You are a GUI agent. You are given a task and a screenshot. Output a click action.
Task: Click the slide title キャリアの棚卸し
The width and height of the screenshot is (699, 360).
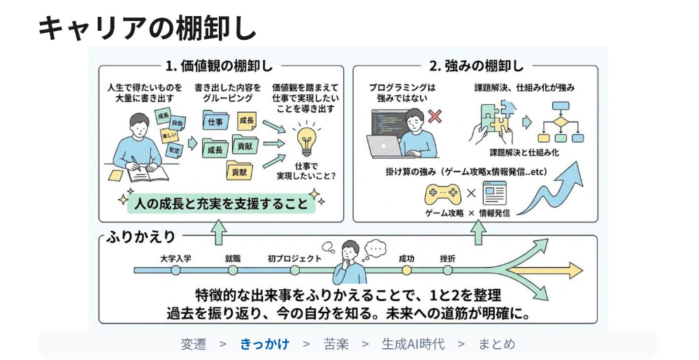[147, 28]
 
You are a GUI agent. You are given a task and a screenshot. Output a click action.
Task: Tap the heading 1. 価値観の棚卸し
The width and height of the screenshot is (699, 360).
[219, 66]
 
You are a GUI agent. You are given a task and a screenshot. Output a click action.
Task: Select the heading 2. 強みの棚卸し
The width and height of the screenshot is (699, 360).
[476, 66]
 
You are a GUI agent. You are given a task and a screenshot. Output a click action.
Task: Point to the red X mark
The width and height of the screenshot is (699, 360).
[435, 116]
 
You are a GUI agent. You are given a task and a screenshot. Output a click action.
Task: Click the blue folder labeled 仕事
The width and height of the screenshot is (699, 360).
[216, 121]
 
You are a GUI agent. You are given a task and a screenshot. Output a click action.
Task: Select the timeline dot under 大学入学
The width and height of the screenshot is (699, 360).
[175, 270]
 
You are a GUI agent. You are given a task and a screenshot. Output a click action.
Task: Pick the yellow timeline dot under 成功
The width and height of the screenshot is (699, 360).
[406, 270]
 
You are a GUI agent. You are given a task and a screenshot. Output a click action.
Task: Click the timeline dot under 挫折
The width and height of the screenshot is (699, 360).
[447, 270]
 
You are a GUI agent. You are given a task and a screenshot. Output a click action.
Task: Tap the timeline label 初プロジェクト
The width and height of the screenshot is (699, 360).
[294, 259]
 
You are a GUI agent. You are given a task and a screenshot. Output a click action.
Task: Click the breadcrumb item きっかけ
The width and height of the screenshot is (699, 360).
[265, 344]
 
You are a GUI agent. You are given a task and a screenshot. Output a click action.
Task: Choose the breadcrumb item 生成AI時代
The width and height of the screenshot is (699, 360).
[413, 344]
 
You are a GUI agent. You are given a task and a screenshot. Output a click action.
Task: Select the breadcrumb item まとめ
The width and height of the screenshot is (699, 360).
[496, 344]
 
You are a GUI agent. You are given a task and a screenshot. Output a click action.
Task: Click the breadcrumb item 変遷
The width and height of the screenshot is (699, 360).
[194, 344]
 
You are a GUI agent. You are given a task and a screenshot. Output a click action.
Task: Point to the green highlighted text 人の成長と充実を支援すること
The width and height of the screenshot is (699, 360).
[221, 203]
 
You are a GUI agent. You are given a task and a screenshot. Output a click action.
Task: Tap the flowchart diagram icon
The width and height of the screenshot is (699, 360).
[561, 122]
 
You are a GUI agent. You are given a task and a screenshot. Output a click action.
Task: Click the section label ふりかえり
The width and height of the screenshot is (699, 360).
[141, 236]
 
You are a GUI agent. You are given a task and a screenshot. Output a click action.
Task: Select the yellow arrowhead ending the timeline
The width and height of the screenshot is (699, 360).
[575, 271]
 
